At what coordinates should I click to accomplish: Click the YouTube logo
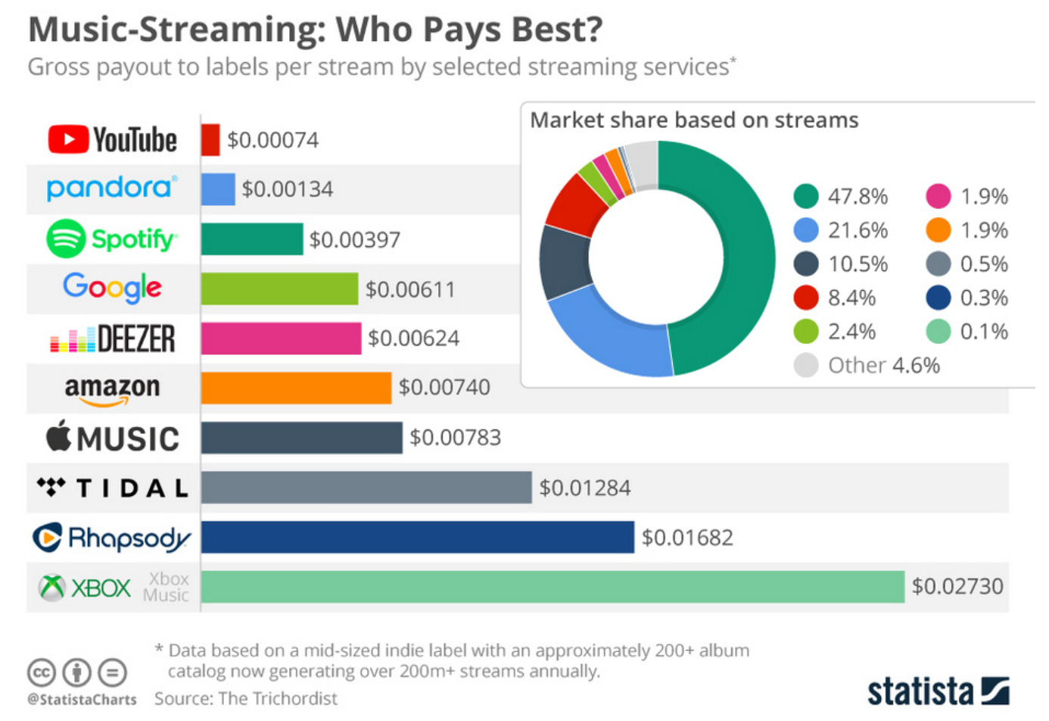click(112, 140)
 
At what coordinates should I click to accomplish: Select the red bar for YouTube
click(210, 140)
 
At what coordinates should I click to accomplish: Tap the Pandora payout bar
click(218, 189)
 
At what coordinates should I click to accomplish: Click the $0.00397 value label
click(354, 240)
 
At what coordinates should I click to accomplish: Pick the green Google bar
click(279, 289)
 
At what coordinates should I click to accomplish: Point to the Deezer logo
click(112, 339)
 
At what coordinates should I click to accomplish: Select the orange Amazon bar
click(296, 388)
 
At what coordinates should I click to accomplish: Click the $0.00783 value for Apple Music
click(455, 438)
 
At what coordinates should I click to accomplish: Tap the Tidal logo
click(112, 488)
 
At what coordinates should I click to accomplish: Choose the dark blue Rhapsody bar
click(417, 538)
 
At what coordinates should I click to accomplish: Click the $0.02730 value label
click(957, 586)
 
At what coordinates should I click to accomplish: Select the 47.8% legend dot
click(806, 196)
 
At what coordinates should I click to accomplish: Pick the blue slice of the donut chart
click(613, 333)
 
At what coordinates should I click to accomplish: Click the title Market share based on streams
click(694, 120)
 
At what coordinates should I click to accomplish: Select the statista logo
click(938, 691)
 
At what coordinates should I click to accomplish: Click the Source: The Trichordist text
click(246, 698)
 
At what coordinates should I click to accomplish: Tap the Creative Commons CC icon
click(42, 672)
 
